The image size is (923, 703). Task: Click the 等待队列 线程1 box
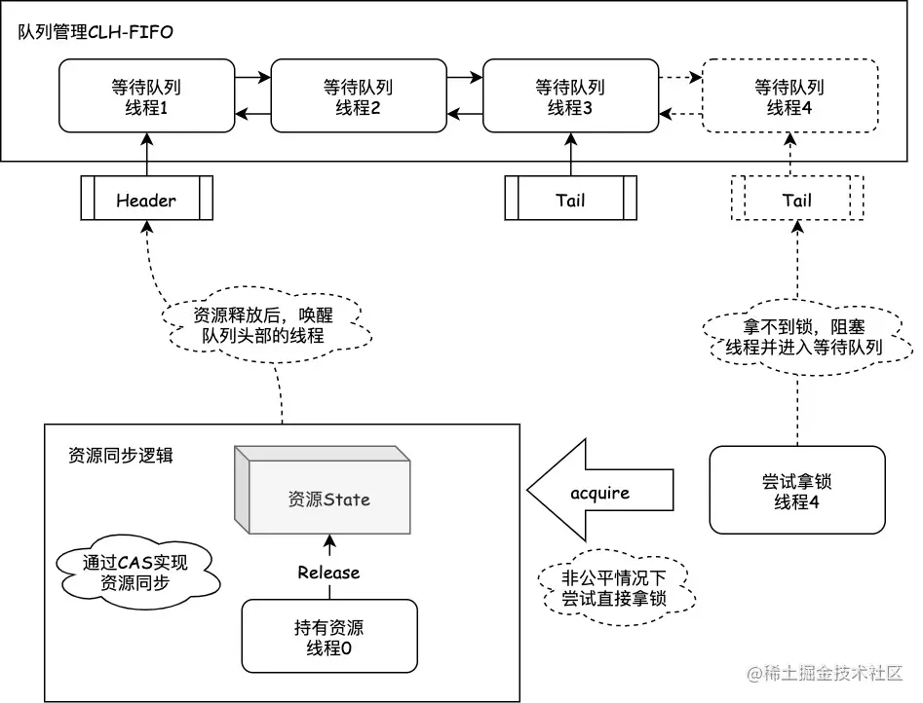[146, 95]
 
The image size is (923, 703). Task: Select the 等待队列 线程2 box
[358, 95]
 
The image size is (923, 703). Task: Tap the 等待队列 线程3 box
[570, 95]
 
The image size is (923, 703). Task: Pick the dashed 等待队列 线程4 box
[789, 95]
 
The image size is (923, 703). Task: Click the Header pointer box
[146, 200]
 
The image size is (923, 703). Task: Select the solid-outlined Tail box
[570, 200]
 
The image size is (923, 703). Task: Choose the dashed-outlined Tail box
[796, 200]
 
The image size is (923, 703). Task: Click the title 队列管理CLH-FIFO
[96, 31]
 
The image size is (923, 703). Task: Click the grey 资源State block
[329, 499]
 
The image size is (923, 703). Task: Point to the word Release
[328, 572]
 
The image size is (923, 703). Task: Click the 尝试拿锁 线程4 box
[796, 490]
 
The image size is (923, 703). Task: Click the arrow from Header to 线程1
[146, 154]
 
